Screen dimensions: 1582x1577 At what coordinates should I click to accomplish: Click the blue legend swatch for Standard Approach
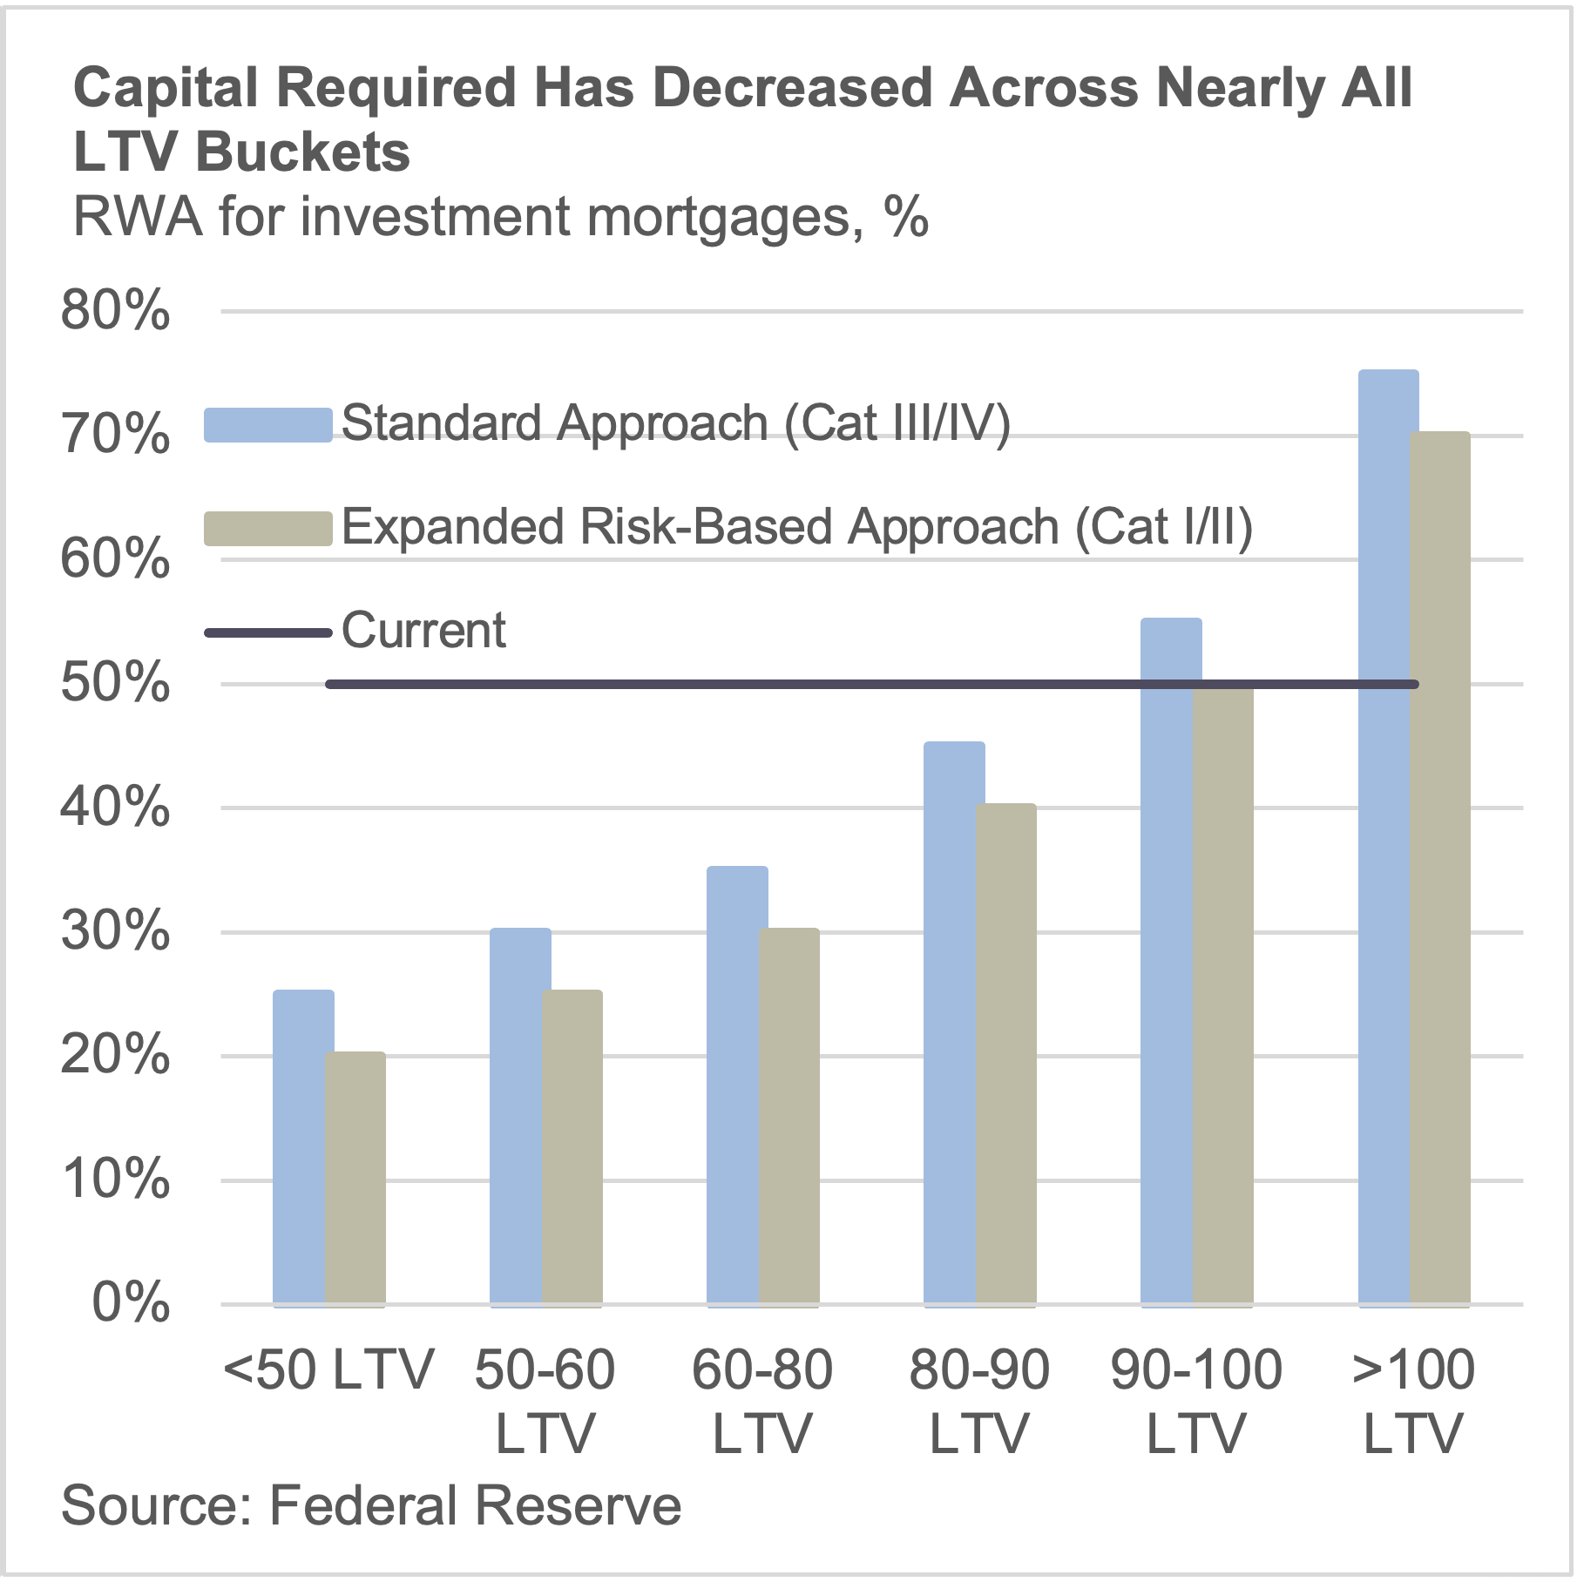[267, 425]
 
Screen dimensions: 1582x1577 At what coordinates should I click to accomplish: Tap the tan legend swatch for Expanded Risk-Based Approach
[267, 529]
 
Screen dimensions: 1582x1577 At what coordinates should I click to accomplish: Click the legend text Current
[423, 631]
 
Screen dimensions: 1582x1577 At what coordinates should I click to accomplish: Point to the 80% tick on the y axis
[115, 310]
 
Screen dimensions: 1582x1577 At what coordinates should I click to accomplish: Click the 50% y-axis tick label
[115, 684]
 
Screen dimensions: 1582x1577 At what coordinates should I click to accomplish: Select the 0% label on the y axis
[131, 1304]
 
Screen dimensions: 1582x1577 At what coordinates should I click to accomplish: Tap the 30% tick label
[115, 932]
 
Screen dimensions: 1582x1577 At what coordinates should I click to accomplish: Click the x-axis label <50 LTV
[328, 1370]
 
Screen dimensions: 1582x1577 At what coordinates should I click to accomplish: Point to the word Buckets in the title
[302, 152]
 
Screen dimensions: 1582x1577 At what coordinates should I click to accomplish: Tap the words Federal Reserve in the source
[476, 1505]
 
